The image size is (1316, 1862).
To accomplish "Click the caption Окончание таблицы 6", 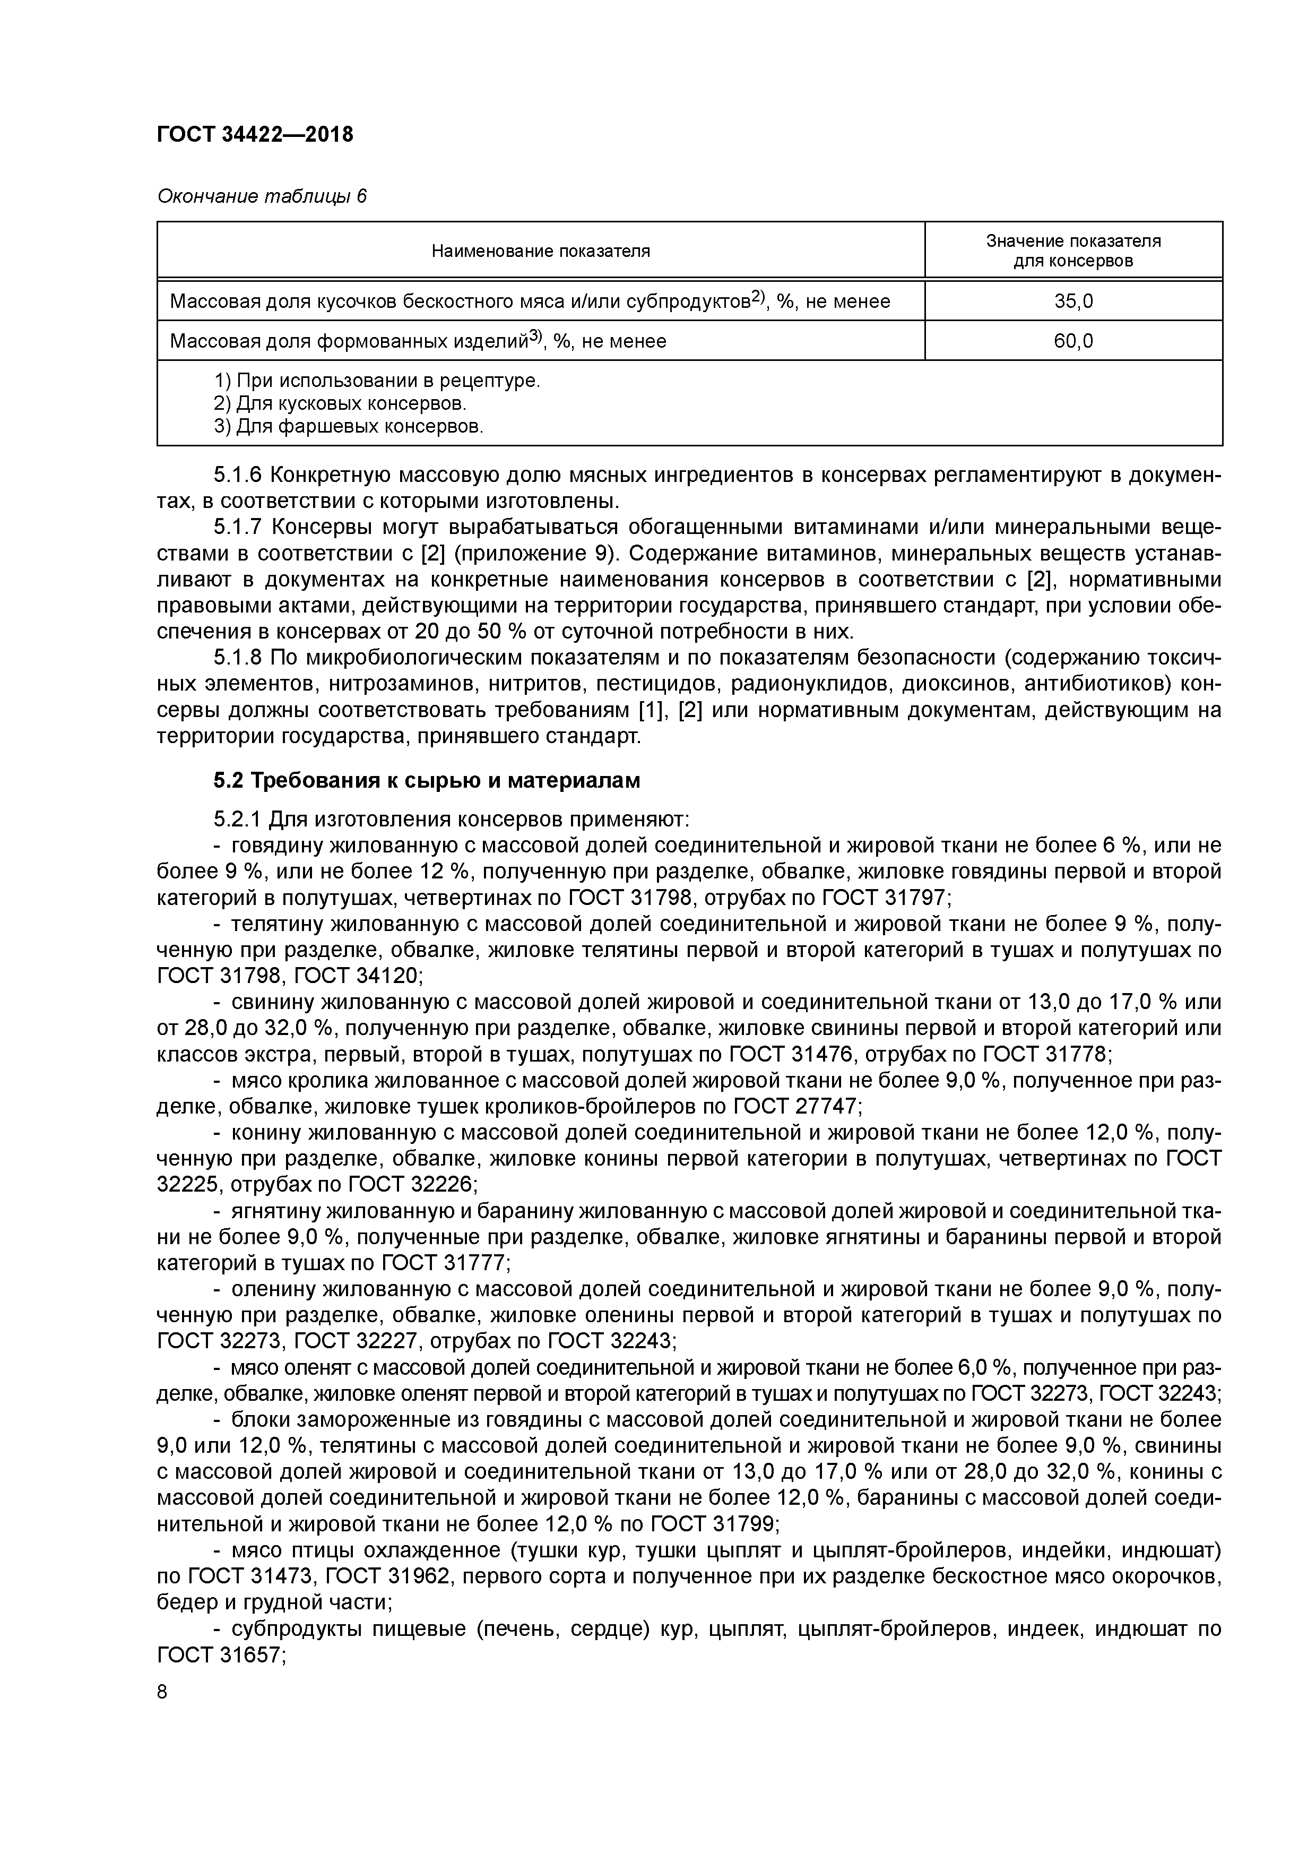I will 261,196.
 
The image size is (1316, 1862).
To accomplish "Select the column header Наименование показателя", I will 540,252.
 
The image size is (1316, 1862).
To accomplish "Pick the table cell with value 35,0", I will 1073,301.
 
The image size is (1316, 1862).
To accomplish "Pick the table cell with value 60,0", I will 1073,341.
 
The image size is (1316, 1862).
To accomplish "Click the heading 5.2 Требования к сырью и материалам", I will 427,780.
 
